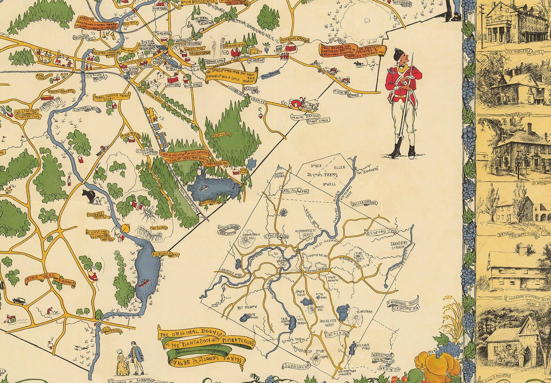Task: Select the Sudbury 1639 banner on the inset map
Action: pyautogui.click(x=294, y=366)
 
